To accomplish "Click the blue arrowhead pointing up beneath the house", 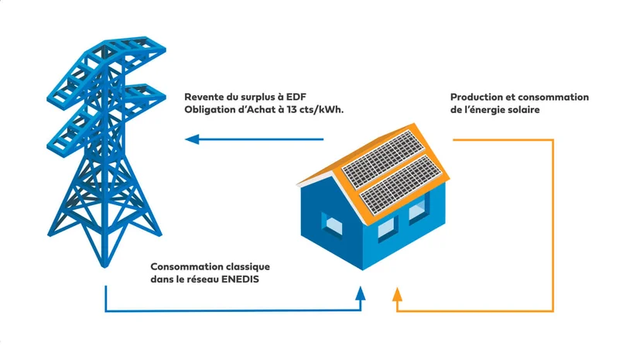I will coord(361,293).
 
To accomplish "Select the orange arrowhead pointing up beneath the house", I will coord(397,293).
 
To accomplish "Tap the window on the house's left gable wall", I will coord(333,225).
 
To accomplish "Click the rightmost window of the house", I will coord(418,208).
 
